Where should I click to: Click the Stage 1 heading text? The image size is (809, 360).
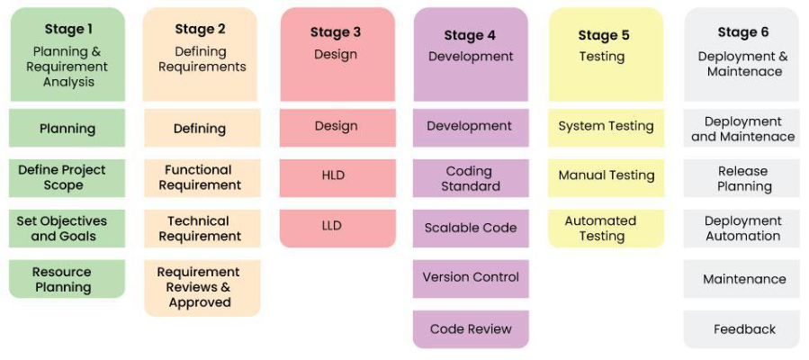[x=68, y=29]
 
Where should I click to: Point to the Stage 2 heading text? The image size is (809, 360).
[x=200, y=29]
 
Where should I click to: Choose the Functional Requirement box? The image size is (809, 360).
[x=200, y=177]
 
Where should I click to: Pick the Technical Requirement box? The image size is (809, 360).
[x=200, y=229]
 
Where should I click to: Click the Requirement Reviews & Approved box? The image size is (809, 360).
[x=200, y=287]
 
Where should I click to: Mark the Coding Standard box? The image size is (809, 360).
[x=471, y=177]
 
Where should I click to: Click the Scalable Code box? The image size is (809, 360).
[x=471, y=228]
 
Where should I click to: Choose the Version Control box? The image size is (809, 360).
[x=471, y=277]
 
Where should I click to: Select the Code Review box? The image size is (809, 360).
[x=471, y=328]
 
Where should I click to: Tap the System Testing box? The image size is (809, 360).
[x=606, y=127]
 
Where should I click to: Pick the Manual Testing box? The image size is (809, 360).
[x=606, y=175]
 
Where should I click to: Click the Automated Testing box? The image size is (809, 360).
[x=606, y=228]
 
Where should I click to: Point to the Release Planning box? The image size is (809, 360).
[x=742, y=178]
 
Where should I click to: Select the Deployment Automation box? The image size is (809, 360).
[x=742, y=229]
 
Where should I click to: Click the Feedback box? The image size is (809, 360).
[x=742, y=329]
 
